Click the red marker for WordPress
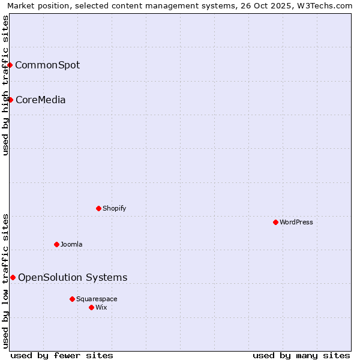pyautogui.click(x=275, y=222)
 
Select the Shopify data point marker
pyautogui.click(x=98, y=208)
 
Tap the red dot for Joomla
pyautogui.click(x=56, y=244)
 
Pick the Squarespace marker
pyautogui.click(x=72, y=299)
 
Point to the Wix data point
pyautogui.click(x=91, y=307)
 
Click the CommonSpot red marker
pyautogui.click(x=10, y=65)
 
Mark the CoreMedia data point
pyautogui.click(x=10, y=100)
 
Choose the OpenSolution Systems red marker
pyautogui.click(x=13, y=277)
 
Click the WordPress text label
pyautogui.click(x=296, y=222)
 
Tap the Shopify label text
pyautogui.click(x=114, y=208)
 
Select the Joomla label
pyautogui.click(x=71, y=244)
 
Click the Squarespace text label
pyautogui.click(x=97, y=299)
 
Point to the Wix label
pyautogui.click(x=101, y=307)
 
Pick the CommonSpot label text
pyautogui.click(x=47, y=65)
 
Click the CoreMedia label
pyautogui.click(x=40, y=100)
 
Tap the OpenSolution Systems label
pyautogui.click(x=73, y=277)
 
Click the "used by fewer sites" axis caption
pyautogui.click(x=62, y=355)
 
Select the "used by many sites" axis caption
pyautogui.click(x=301, y=355)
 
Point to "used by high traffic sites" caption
pyautogui.click(x=5, y=85)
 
